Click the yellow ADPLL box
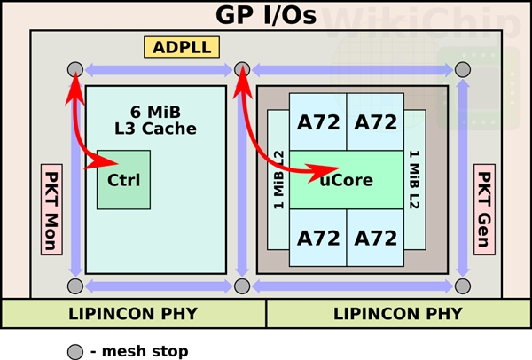point(183,47)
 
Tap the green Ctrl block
point(124,180)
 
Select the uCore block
point(346,180)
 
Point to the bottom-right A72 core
point(376,237)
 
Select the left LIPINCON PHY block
point(133,314)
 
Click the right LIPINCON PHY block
point(399,314)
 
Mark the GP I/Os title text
point(266,15)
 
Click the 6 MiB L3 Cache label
point(155,120)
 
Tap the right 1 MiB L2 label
point(413,182)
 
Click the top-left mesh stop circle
point(75,70)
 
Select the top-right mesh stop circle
point(462,70)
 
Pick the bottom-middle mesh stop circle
point(241,286)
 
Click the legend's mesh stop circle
point(74,351)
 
